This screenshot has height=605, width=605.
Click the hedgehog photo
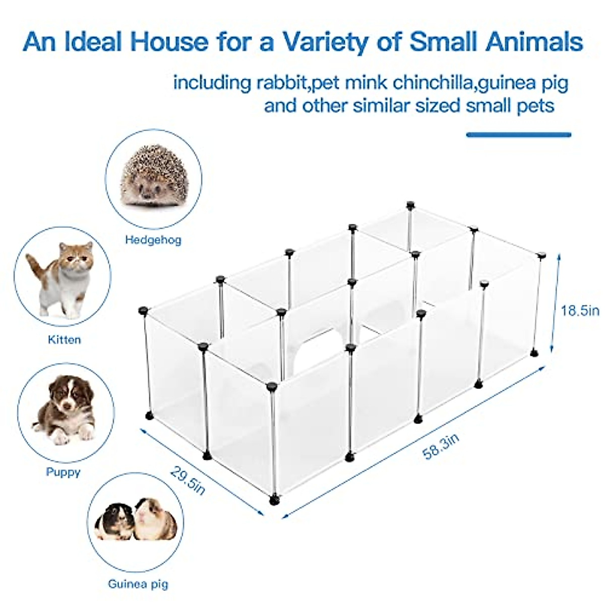click(x=155, y=176)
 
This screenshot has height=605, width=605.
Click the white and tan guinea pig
click(x=156, y=519)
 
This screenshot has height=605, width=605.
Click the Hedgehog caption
click(x=153, y=239)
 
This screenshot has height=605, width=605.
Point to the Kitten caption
click(x=64, y=340)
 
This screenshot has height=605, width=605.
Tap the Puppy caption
click(x=63, y=472)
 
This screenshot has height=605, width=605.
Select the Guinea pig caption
click(x=138, y=585)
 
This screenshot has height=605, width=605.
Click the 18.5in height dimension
click(x=580, y=310)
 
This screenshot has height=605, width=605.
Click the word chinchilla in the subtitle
click(x=434, y=82)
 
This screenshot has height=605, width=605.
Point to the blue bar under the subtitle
click(x=518, y=135)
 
